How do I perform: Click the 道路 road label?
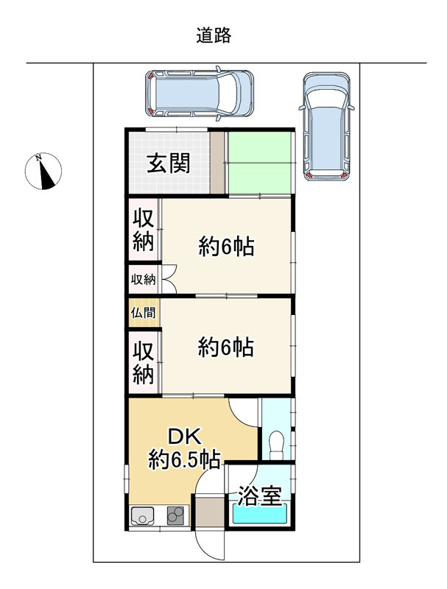point(214,35)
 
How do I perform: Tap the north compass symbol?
point(43,171)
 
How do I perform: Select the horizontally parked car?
point(200,94)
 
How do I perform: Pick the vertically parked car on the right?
point(327,126)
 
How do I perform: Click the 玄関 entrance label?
point(169,163)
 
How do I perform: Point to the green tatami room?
point(259,162)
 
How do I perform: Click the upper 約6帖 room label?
point(226,247)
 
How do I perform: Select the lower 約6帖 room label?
point(226,347)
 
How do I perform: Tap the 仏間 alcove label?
point(143,312)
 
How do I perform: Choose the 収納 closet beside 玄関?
point(143,229)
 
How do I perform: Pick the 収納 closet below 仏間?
point(143,362)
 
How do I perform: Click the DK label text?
point(184,437)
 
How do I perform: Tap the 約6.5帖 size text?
point(184,459)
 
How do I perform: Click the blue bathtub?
point(259,512)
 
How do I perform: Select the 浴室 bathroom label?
point(260,495)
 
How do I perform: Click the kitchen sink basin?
point(142,516)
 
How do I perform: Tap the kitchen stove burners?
point(175,515)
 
